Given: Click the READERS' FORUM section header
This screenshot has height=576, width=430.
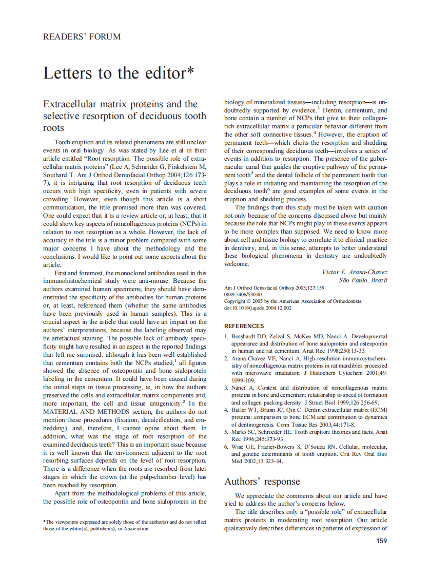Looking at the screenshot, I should click(82, 37).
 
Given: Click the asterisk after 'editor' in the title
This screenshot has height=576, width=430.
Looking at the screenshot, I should click(190, 70).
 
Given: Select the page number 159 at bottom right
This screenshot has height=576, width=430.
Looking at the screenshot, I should click(381, 540).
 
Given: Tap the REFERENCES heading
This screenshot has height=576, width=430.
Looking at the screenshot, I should click(244, 326).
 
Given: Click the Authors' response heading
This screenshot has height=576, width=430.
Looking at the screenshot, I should click(262, 482).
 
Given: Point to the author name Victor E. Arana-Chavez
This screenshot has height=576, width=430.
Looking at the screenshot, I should click(355, 272).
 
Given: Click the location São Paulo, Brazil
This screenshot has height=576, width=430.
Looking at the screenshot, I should click(363, 280).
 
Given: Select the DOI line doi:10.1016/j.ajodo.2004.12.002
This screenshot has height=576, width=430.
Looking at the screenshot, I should click(258, 308).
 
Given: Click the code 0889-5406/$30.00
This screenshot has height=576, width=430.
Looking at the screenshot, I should click(243, 295).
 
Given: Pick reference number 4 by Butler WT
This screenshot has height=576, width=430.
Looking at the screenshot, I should click(306, 417).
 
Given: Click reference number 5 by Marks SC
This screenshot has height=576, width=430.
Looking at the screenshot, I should click(306, 435).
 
